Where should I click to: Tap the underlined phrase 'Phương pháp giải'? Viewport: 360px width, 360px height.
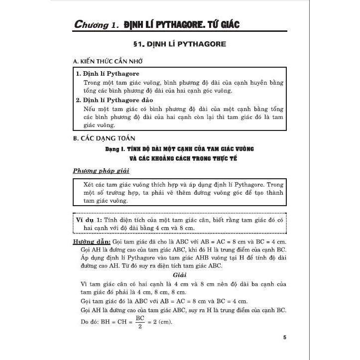[x=101, y=171]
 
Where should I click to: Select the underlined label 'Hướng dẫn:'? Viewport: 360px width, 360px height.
[x=89, y=241]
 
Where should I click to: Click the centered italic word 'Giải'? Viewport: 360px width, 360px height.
[x=180, y=274]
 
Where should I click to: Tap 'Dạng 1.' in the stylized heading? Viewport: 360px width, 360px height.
[x=117, y=149]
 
